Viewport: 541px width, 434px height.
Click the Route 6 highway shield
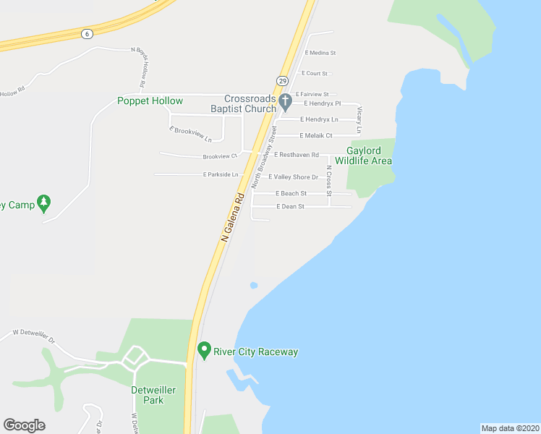click(87, 33)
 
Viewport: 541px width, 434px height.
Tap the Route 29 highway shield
click(282, 81)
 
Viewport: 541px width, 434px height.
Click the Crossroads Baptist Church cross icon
click(285, 100)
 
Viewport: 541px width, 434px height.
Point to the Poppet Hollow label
click(150, 101)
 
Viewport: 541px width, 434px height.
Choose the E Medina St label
click(320, 53)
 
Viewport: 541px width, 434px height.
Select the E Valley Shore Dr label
click(293, 176)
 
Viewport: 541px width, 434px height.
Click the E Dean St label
click(289, 207)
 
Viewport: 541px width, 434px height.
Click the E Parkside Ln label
click(221, 174)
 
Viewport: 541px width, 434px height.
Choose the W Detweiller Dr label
click(34, 336)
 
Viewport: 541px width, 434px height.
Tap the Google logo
click(24, 425)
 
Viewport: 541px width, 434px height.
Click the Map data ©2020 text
click(510, 428)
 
